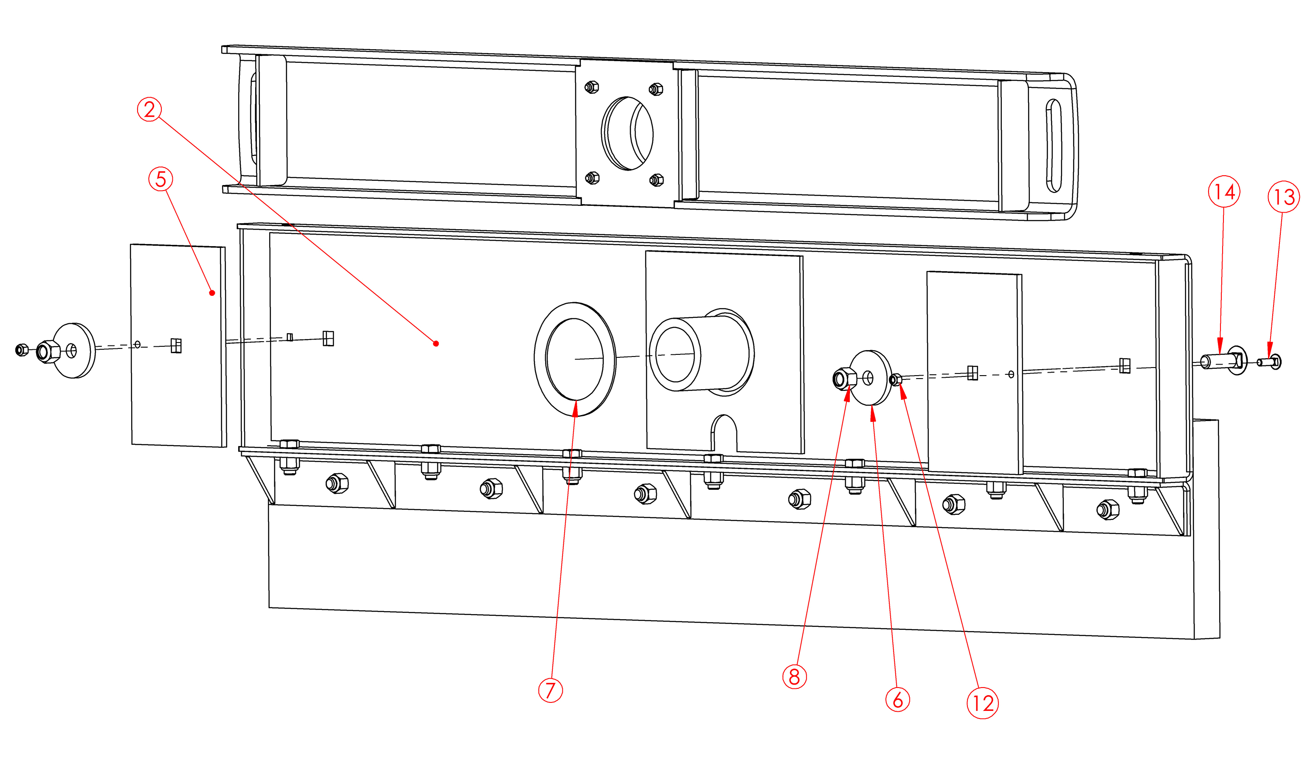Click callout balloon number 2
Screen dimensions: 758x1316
pos(149,110)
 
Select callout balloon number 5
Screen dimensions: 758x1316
pos(161,179)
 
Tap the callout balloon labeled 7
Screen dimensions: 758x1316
pos(550,691)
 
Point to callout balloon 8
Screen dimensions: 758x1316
pos(794,677)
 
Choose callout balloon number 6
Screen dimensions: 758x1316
pos(897,700)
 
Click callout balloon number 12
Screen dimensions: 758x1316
pos(982,703)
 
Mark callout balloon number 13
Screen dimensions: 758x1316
pos(1284,197)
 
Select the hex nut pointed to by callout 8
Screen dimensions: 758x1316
pos(844,379)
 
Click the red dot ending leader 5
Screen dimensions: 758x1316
pos(212,293)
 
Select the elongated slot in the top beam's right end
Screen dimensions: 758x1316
pos(1054,146)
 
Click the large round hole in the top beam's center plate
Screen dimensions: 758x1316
pos(627,133)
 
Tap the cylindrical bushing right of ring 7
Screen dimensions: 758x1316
pos(700,354)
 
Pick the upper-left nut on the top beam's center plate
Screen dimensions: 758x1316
pos(592,87)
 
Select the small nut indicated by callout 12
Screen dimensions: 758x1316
pos(895,379)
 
